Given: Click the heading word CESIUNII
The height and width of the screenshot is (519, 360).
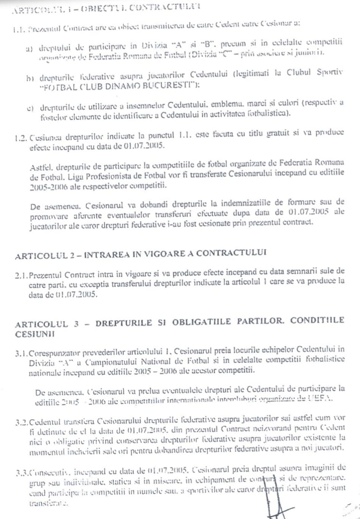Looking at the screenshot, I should (35, 334).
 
